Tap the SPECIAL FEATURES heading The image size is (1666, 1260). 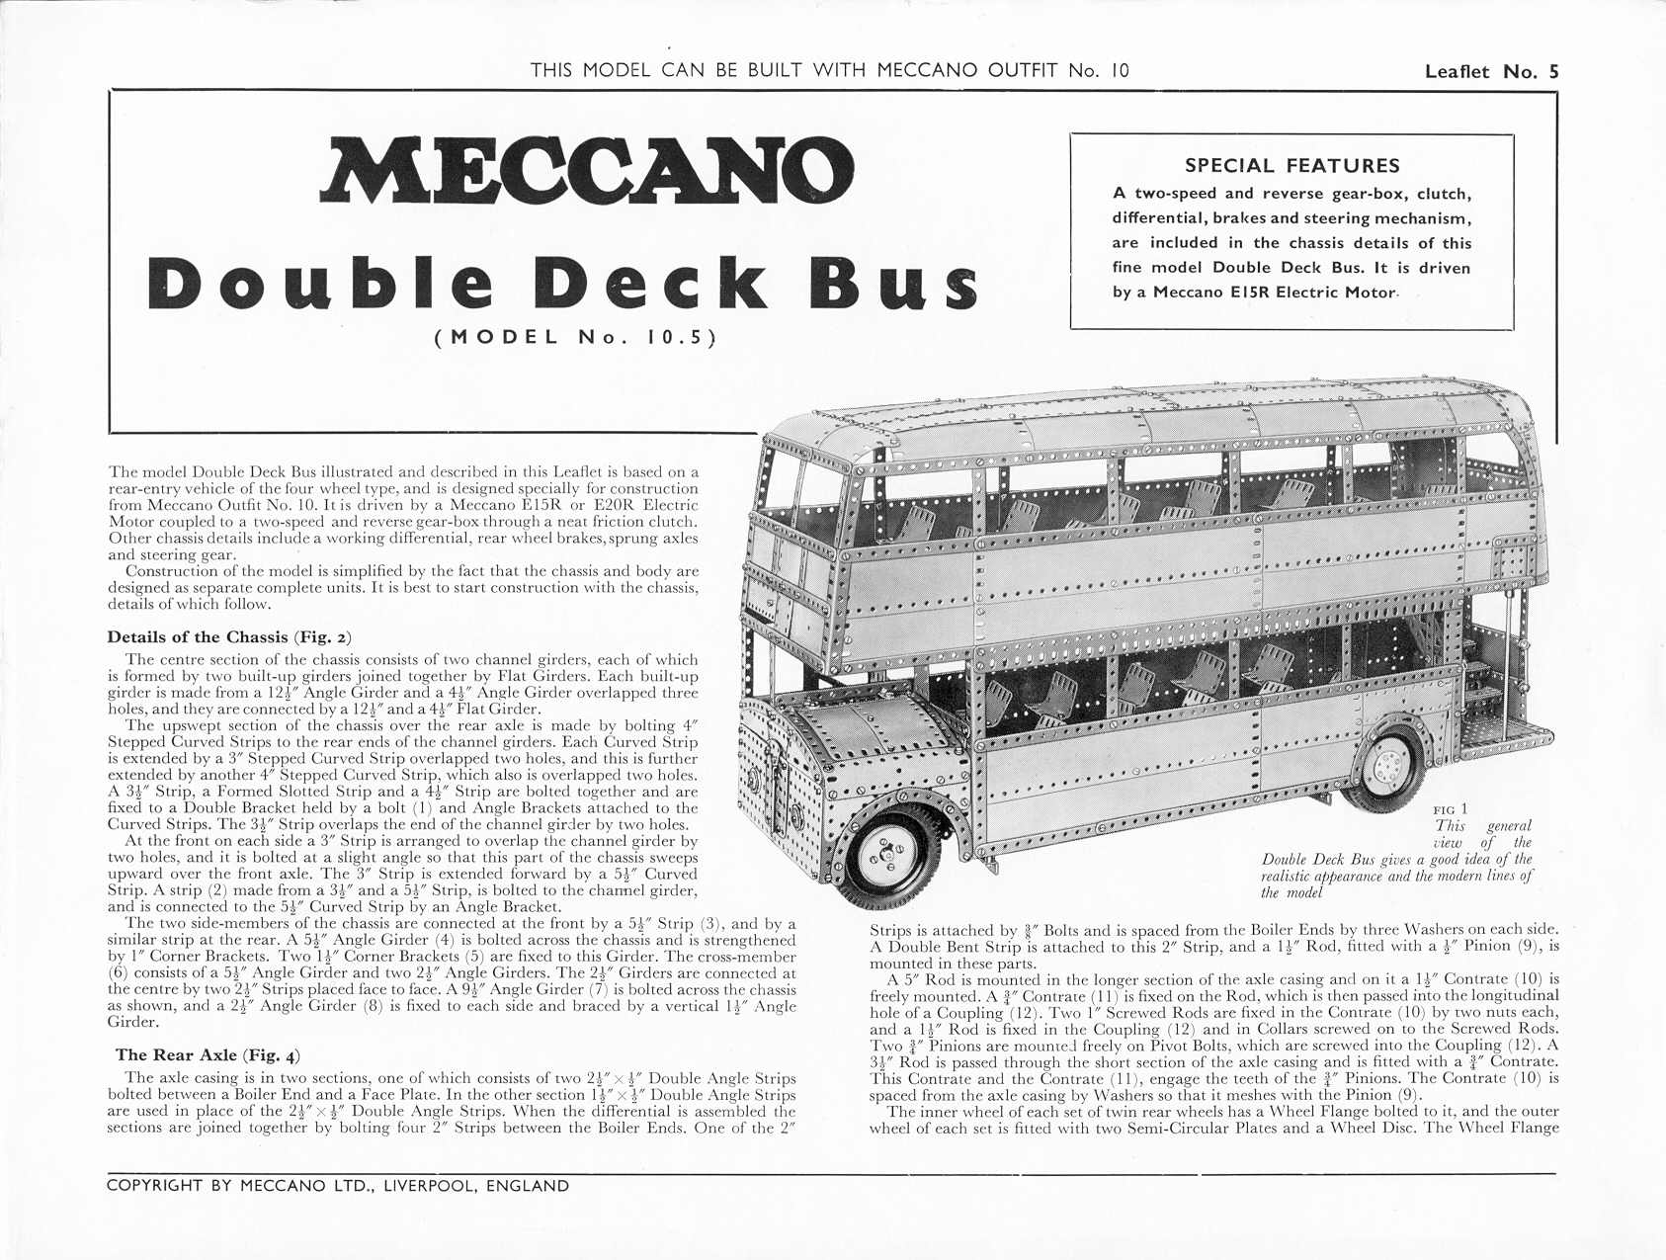click(x=1292, y=166)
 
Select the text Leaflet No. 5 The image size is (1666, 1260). click(x=1491, y=71)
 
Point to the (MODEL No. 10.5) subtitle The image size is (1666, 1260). click(x=575, y=337)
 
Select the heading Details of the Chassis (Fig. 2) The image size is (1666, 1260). click(x=229, y=637)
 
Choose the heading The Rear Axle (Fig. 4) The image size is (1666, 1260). click(x=208, y=1055)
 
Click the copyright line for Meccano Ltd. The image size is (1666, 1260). click(x=338, y=1186)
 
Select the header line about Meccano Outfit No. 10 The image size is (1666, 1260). click(x=829, y=70)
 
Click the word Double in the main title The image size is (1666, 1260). click(x=320, y=283)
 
